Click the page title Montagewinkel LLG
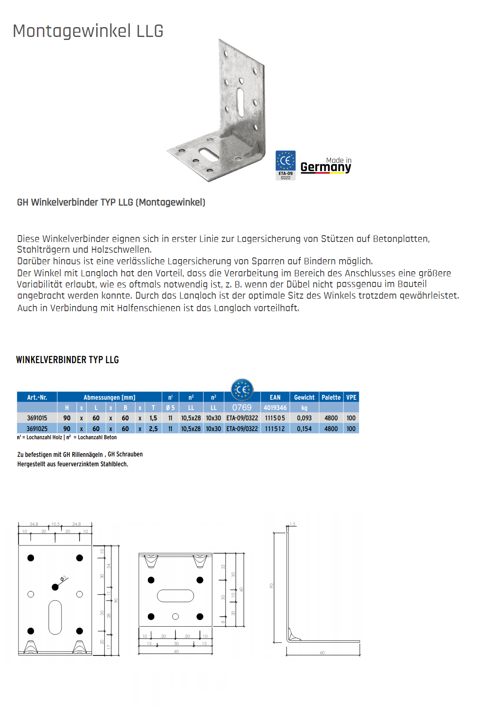pyautogui.click(x=88, y=31)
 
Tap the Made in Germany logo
pyautogui.click(x=326, y=165)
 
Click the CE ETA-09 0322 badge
pyautogui.click(x=285, y=165)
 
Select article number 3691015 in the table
pyautogui.click(x=37, y=418)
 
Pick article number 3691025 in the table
pyautogui.click(x=37, y=428)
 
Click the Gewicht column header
pyautogui.click(x=304, y=397)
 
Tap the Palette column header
pyautogui.click(x=331, y=397)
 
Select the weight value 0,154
pyautogui.click(x=304, y=428)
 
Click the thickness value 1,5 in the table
pyautogui.click(x=153, y=418)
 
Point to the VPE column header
pyautogui.click(x=351, y=397)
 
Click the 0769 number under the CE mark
pyautogui.click(x=242, y=407)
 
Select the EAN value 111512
pyautogui.click(x=275, y=428)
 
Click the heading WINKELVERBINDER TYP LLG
pyautogui.click(x=67, y=360)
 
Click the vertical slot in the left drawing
pyautogui.click(x=55, y=617)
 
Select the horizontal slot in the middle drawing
pyautogui.click(x=175, y=596)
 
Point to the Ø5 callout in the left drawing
pyautogui.click(x=63, y=579)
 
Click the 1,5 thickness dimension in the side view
pyautogui.click(x=293, y=524)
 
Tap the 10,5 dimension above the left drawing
pyautogui.click(x=55, y=524)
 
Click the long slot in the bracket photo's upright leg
pyautogui.click(x=240, y=102)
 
